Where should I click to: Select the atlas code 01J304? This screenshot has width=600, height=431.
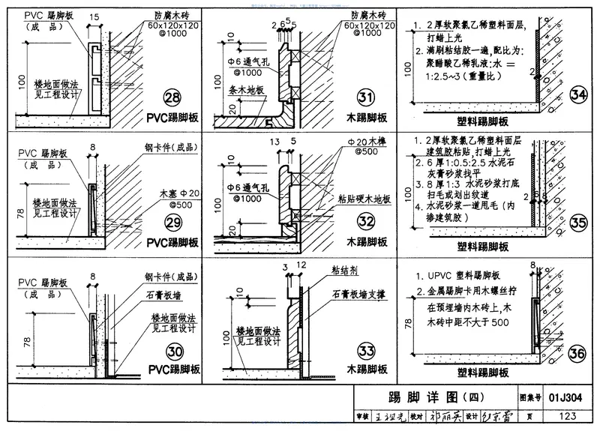coord(565,397)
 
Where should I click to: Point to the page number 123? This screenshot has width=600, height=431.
coord(565,417)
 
